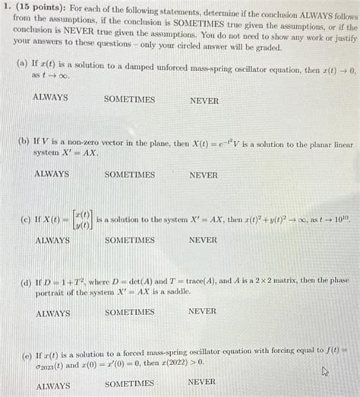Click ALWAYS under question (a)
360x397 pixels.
click(50, 99)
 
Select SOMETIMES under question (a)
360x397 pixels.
click(129, 99)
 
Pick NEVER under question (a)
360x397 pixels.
click(204, 100)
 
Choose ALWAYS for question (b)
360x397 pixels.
click(52, 174)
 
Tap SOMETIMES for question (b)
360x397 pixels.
click(130, 175)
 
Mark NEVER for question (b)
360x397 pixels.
click(203, 175)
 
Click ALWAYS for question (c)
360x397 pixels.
click(52, 240)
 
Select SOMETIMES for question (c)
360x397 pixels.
click(130, 240)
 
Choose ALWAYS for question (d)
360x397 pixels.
click(52, 313)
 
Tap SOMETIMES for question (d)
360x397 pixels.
click(130, 312)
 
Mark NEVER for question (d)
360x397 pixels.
click(202, 310)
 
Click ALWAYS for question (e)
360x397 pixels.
click(53, 386)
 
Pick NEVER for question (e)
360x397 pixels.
click(201, 382)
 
